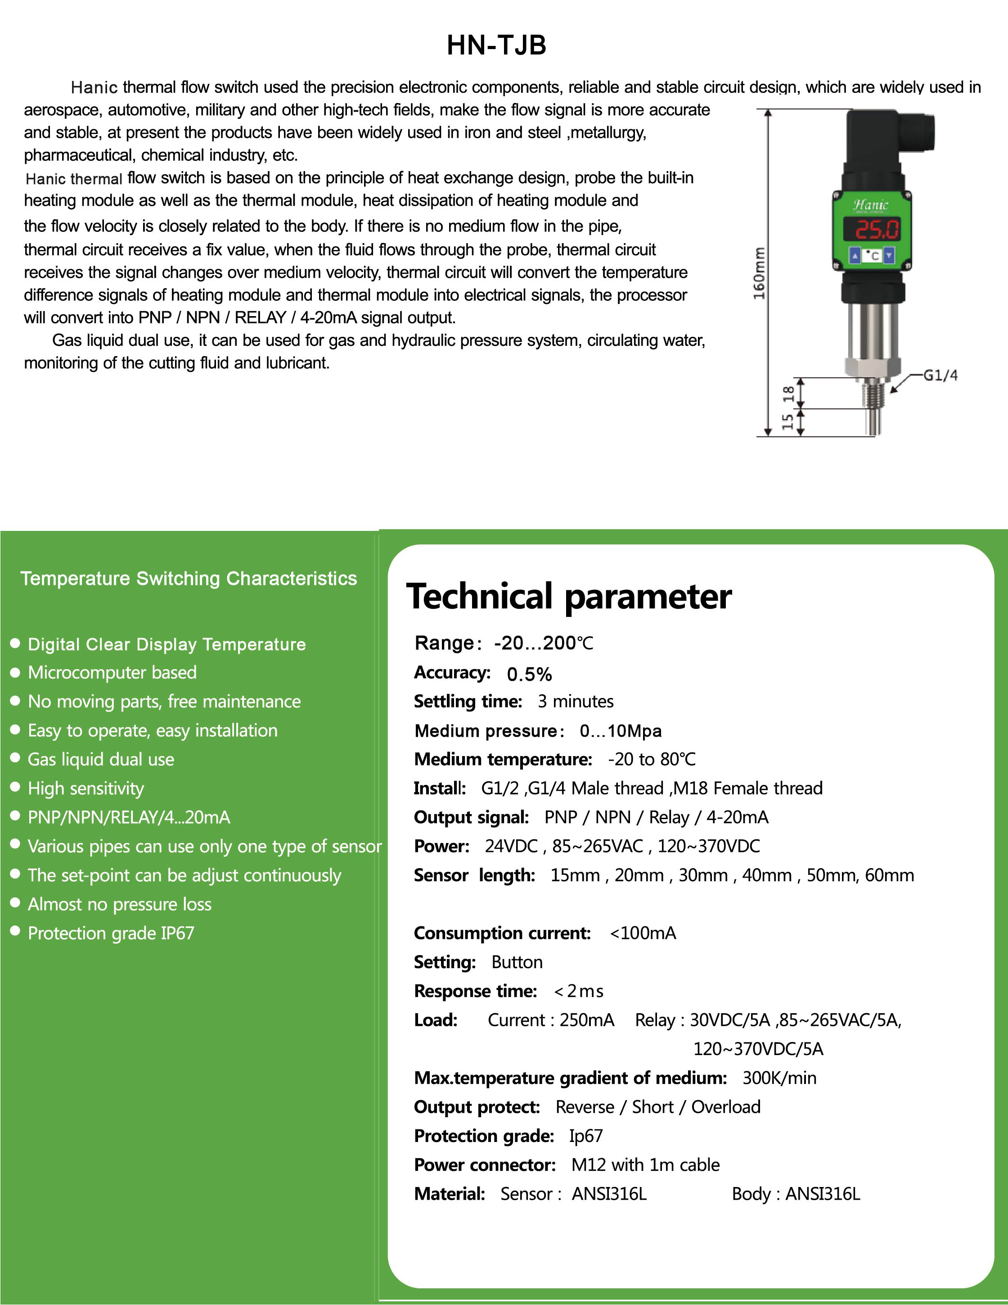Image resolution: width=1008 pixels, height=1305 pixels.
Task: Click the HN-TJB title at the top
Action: tap(496, 45)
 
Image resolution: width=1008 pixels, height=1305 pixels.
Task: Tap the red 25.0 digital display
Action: tap(877, 230)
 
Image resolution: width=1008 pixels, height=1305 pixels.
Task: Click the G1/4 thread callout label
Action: tap(940, 375)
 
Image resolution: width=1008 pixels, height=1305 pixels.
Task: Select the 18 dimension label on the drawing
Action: tap(788, 394)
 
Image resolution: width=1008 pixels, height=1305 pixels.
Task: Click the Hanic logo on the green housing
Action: tap(871, 205)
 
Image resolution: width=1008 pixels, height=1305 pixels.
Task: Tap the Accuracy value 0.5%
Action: tap(529, 674)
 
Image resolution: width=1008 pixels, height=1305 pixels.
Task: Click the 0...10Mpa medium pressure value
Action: tap(621, 731)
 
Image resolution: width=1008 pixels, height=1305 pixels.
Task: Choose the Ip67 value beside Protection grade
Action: tap(586, 1135)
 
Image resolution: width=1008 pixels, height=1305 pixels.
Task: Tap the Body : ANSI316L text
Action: tap(796, 1193)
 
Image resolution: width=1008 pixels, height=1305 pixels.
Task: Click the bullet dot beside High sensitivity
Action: tap(16, 788)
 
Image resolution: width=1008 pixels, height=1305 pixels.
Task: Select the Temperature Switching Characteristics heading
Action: tap(189, 578)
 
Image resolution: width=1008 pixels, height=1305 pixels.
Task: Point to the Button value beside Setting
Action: tap(517, 962)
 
